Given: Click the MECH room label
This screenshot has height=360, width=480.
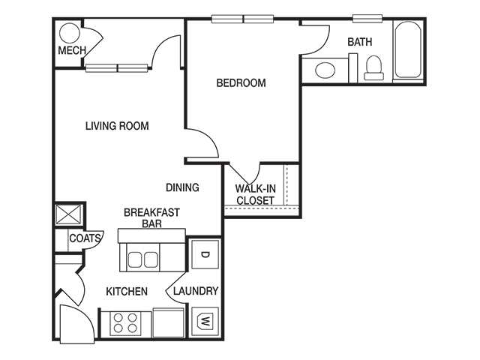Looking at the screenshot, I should pyautogui.click(x=72, y=51).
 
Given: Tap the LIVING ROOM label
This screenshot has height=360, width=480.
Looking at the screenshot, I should pyautogui.click(x=116, y=126).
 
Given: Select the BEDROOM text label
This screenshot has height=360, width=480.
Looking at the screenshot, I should pyautogui.click(x=241, y=83).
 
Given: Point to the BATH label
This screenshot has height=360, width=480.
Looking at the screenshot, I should pyautogui.click(x=359, y=43).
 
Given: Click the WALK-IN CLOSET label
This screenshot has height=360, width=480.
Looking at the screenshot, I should pyautogui.click(x=255, y=195).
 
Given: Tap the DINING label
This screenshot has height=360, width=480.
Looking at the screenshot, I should pyautogui.click(x=182, y=187).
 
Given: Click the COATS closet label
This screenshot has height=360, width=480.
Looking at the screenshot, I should pyautogui.click(x=85, y=238).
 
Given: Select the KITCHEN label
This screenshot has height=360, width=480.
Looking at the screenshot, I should pyautogui.click(x=126, y=291).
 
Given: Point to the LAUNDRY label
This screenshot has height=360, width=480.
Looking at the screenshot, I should pyautogui.click(x=196, y=291).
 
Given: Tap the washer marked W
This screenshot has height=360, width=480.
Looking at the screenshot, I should pyautogui.click(x=204, y=322).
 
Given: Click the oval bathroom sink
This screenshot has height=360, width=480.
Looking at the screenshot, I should pyautogui.click(x=325, y=70).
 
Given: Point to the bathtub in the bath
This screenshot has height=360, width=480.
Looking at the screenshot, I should pyautogui.click(x=408, y=51).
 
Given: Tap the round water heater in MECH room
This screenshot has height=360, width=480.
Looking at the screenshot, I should pyautogui.click(x=69, y=33).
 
